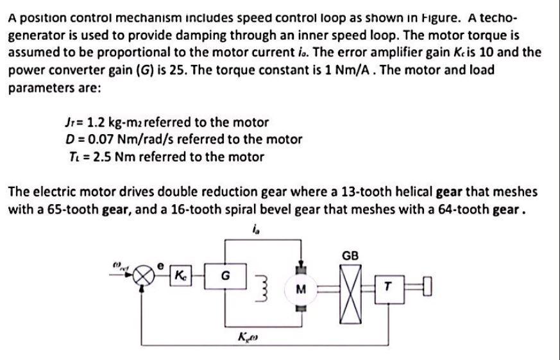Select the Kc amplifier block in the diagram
(x=182, y=277)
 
